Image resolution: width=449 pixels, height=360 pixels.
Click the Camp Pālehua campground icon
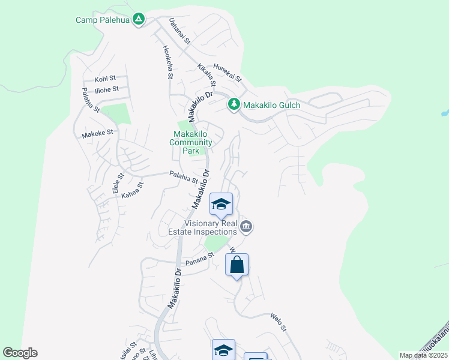click(139, 20)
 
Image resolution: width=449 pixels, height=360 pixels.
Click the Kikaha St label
click(206, 77)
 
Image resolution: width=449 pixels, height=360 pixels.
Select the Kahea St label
click(133, 191)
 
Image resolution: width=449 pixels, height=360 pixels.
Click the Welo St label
click(279, 322)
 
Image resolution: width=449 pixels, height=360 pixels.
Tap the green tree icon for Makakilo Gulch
click(234, 104)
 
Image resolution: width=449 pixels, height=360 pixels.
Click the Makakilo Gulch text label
click(271, 105)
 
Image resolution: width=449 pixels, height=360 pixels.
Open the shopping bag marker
click(237, 265)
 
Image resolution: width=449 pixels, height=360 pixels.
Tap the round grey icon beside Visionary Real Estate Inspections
click(246, 227)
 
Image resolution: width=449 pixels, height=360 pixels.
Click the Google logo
click(20, 353)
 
